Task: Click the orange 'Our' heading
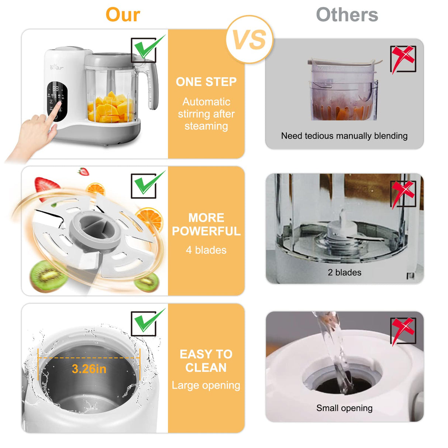tap(123, 15)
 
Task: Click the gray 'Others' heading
tap(347, 15)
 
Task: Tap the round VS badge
tap(249, 39)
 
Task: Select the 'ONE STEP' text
tap(206, 82)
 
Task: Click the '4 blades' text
tap(206, 250)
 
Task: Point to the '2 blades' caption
tap(344, 272)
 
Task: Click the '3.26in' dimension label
tap(89, 369)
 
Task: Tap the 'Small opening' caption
tap(344, 408)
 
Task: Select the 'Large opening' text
tap(206, 385)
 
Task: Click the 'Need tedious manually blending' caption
tap(344, 136)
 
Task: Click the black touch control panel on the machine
tap(57, 101)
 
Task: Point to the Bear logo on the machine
tap(56, 67)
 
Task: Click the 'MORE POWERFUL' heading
tap(206, 224)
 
